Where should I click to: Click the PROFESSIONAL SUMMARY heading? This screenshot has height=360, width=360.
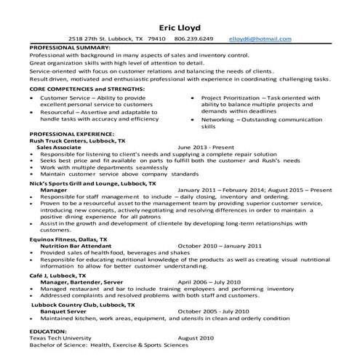pos(71,46)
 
